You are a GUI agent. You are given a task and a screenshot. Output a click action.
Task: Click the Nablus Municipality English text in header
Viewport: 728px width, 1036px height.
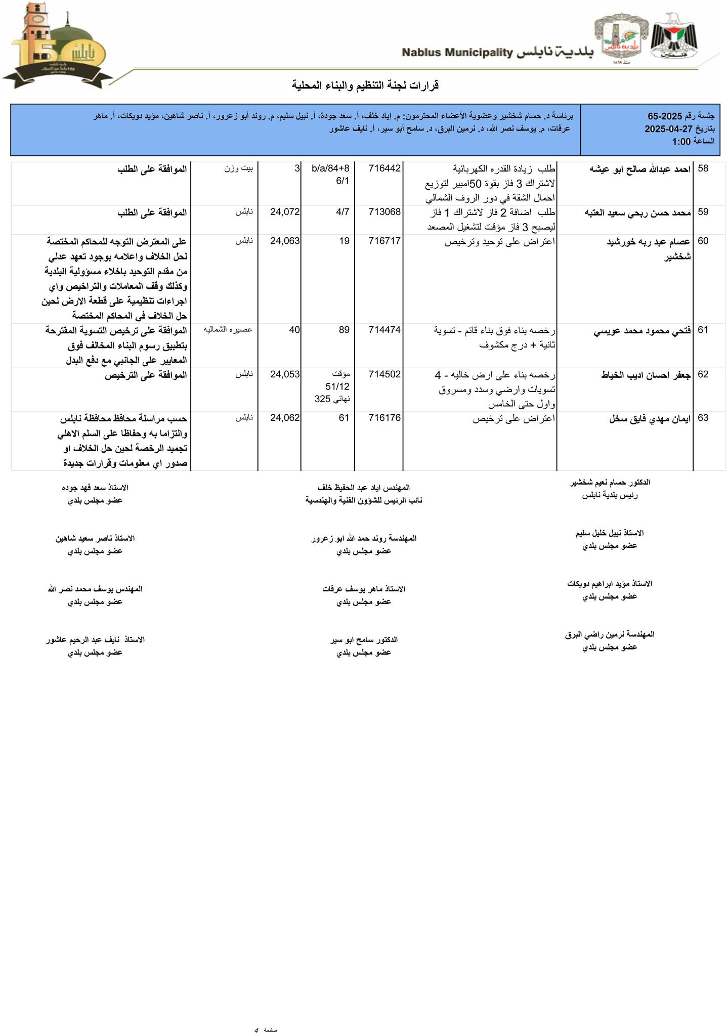457,53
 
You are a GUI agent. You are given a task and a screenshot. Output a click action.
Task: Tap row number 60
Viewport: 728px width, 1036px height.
703,241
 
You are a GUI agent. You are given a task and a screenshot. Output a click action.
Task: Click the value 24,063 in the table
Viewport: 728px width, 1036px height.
285,241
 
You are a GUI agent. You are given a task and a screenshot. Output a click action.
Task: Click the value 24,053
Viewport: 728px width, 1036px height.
285,374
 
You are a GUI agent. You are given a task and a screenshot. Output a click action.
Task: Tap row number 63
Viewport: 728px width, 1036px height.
703,418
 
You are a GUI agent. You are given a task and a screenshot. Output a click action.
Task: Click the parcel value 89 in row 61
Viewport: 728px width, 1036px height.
344,330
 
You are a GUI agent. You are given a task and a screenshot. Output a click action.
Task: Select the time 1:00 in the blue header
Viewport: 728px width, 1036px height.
681,142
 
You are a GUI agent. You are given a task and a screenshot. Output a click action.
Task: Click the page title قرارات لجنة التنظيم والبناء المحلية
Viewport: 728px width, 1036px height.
365,85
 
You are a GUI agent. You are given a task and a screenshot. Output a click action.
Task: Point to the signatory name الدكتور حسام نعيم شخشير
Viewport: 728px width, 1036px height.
610,483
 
